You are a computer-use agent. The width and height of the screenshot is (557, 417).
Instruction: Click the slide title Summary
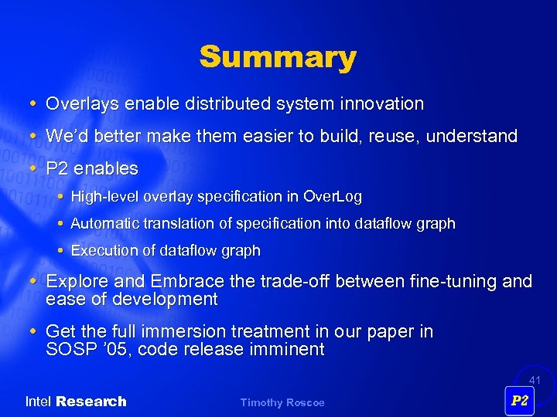click(278, 57)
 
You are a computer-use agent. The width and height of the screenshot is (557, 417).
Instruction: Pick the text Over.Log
click(333, 197)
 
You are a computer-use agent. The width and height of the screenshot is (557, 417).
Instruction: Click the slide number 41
click(535, 380)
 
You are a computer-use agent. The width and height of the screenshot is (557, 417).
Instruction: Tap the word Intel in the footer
click(39, 402)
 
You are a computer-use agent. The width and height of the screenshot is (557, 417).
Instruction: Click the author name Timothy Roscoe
click(282, 402)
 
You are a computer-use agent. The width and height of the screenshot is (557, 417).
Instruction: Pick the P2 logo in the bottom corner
click(519, 401)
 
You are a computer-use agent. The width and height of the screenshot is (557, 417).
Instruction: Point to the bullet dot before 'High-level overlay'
click(61, 198)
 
